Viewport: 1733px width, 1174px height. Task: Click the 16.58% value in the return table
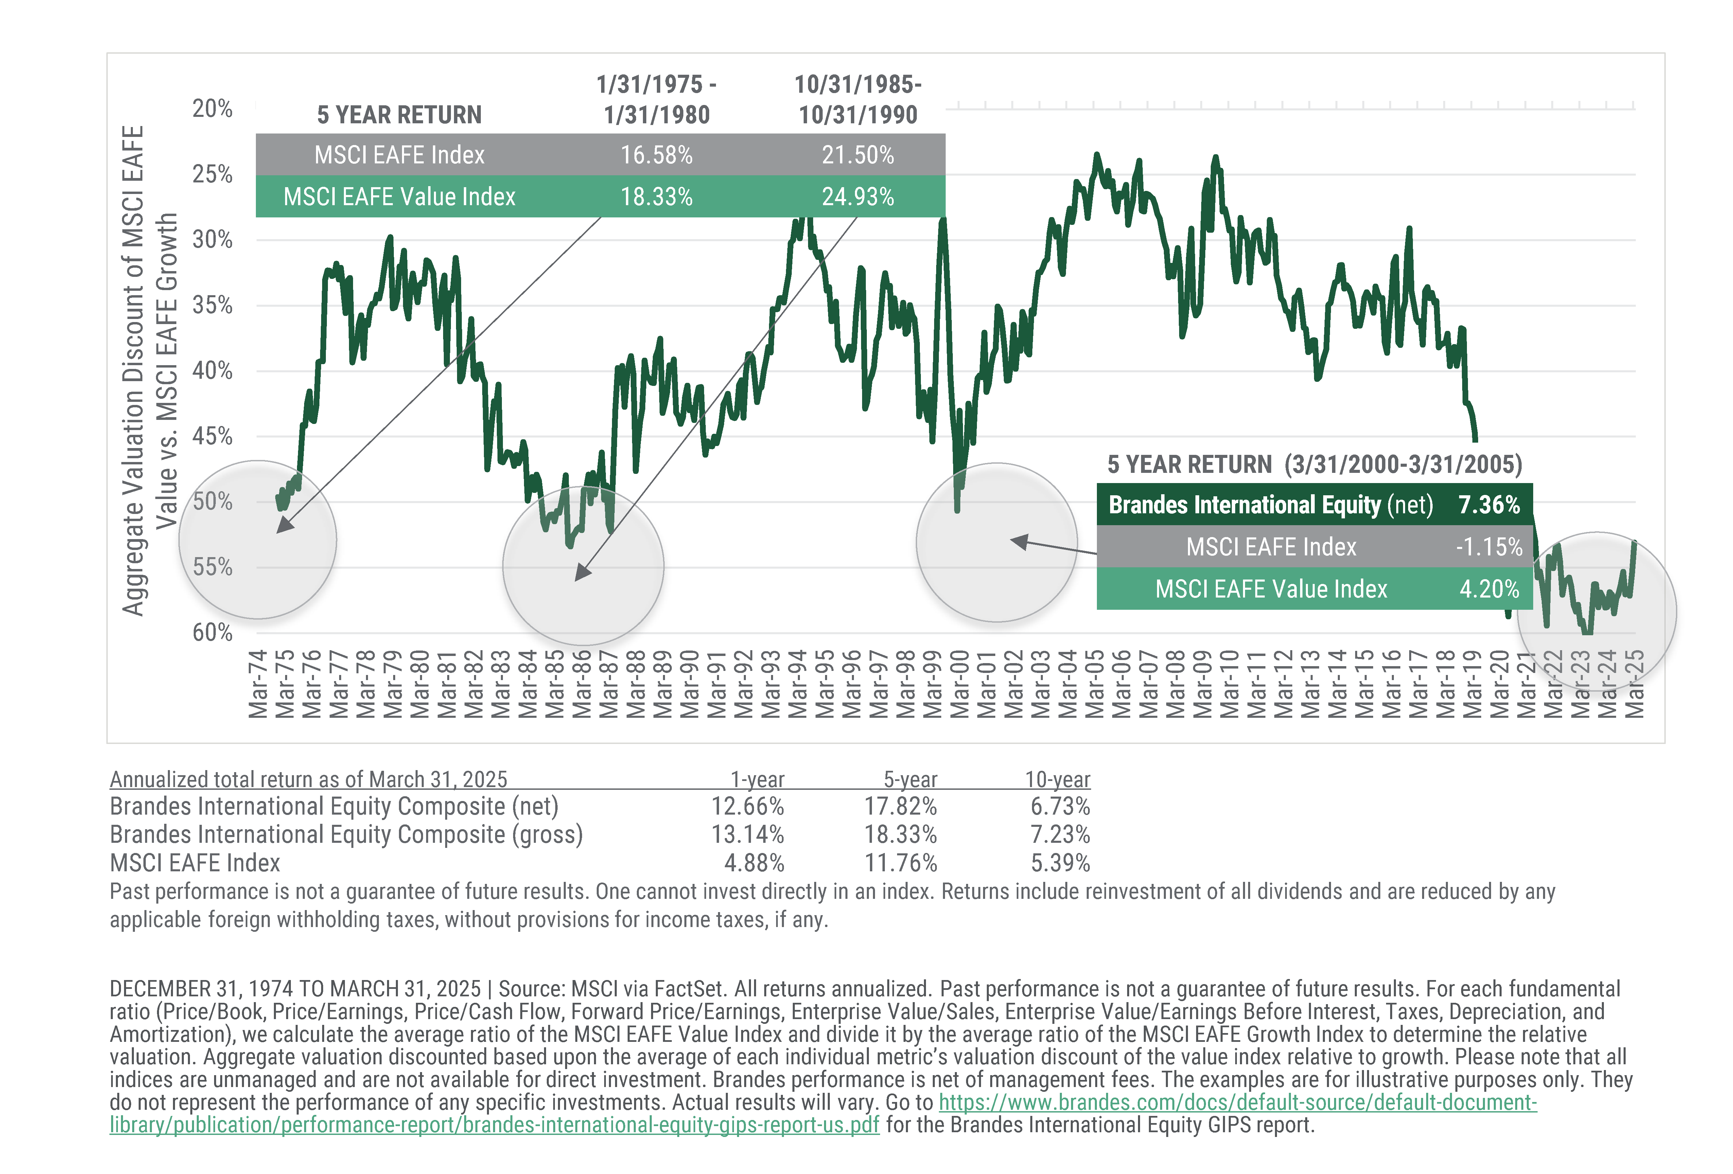[x=656, y=155]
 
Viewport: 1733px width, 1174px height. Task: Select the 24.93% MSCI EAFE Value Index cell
[x=858, y=197]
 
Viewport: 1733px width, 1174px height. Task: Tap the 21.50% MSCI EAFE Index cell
[x=858, y=155]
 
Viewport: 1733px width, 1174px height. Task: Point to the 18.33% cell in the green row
[x=656, y=197]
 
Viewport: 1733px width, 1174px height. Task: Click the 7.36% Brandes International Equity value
[x=1488, y=505]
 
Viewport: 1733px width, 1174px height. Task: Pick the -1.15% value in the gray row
[x=1488, y=547]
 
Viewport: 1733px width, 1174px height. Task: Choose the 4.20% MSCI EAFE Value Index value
[x=1488, y=589]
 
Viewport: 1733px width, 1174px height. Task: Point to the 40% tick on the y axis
[x=212, y=371]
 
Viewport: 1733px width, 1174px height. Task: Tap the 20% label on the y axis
[x=212, y=109]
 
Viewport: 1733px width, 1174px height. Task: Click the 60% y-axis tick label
[x=212, y=632]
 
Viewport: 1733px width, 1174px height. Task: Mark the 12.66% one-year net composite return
[x=747, y=806]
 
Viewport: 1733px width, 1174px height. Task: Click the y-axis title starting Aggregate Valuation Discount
[x=149, y=371]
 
